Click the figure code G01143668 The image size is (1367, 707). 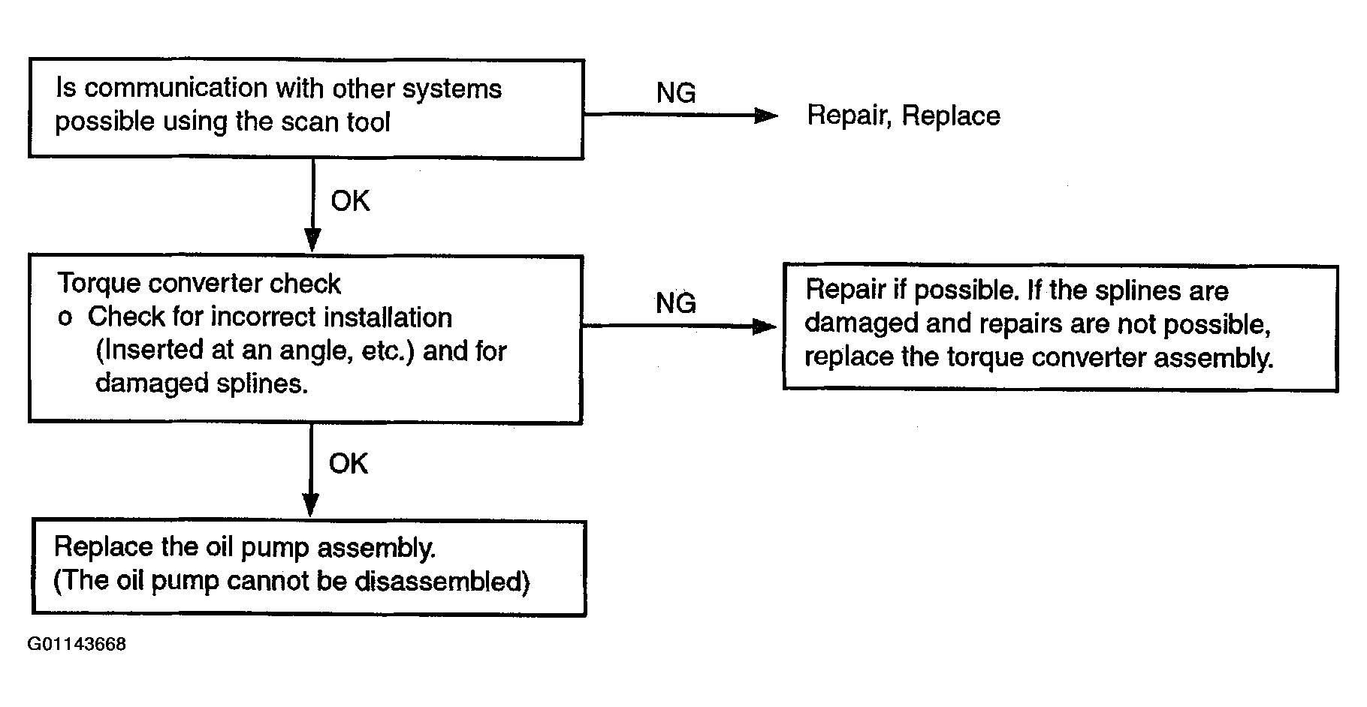[x=77, y=645]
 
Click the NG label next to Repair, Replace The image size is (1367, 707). [x=676, y=93]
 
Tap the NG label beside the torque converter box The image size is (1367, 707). [x=676, y=303]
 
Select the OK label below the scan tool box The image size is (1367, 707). [x=350, y=201]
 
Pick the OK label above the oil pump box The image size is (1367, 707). [x=349, y=464]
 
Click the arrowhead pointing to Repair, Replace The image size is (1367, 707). [x=766, y=116]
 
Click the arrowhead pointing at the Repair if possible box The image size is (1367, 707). [x=765, y=326]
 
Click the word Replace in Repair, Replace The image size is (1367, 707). [x=951, y=116]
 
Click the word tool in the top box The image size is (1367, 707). [x=368, y=122]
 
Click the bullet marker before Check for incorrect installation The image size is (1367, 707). [x=65, y=318]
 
